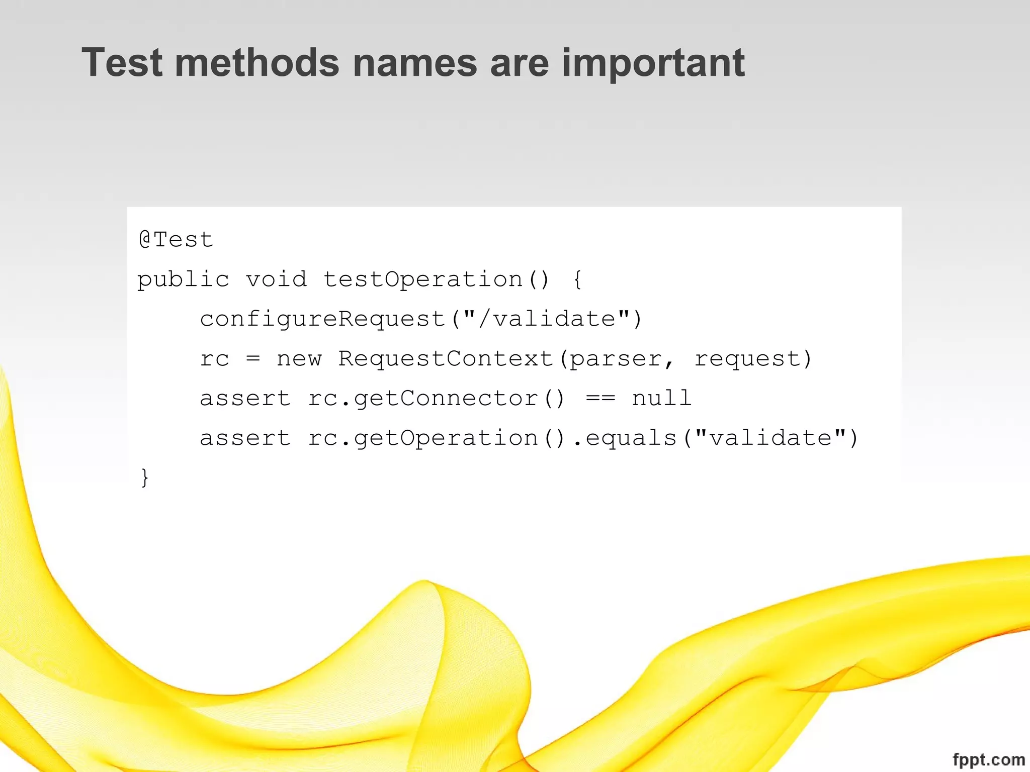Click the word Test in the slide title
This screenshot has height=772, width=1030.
[x=122, y=63]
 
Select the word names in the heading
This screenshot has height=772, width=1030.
[x=415, y=63]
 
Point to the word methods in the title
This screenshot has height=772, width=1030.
[x=257, y=63]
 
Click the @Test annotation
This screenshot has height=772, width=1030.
[x=176, y=239]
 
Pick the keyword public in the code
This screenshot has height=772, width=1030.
[x=183, y=279]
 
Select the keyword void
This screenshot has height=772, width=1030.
[x=276, y=279]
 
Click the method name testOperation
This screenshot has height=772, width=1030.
[x=422, y=279]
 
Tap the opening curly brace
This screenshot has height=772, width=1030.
[x=577, y=279]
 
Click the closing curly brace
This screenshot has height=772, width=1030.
[x=145, y=477]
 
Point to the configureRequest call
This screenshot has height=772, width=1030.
[x=322, y=319]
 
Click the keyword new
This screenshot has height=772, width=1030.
[x=299, y=359]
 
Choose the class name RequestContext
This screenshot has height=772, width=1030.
[x=446, y=359]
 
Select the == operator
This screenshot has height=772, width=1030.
[x=600, y=399]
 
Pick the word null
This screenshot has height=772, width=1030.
[x=661, y=398]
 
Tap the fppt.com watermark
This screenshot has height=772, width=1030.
[x=989, y=759]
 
